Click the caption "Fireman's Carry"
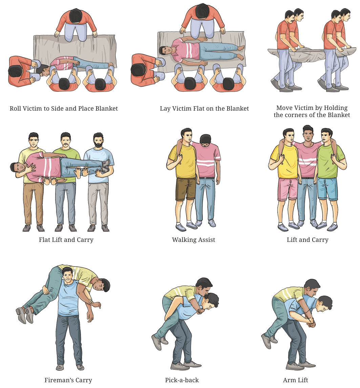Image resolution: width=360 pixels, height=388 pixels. pyautogui.click(x=68, y=380)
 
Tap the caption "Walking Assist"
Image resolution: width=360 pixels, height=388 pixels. pyautogui.click(x=193, y=240)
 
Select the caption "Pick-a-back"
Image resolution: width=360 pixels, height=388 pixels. pyautogui.click(x=182, y=380)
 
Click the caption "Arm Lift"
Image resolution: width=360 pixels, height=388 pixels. pyautogui.click(x=295, y=380)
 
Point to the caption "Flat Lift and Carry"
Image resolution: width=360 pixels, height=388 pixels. pyautogui.click(x=66, y=240)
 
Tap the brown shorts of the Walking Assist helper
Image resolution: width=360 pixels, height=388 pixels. pyautogui.click(x=186, y=189)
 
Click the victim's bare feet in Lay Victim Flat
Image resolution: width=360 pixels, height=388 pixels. pyautogui.click(x=241, y=52)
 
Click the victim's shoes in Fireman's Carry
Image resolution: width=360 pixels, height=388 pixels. pyautogui.click(x=24, y=314)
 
